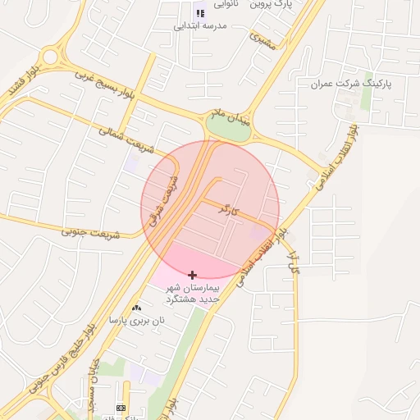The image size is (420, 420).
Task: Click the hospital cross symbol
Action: [193, 275]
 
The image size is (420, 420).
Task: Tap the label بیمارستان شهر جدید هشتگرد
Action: [193, 294]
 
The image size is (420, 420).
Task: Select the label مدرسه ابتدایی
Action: [199, 25]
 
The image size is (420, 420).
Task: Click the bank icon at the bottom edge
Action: [121, 408]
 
